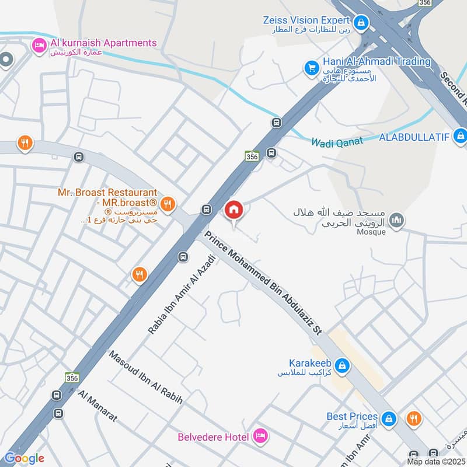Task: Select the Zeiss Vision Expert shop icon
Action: [362, 22]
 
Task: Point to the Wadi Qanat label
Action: [337, 141]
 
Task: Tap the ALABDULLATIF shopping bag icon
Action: [461, 137]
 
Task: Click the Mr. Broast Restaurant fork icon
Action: [168, 203]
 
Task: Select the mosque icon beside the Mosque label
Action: [398, 220]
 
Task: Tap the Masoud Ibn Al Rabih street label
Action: [146, 378]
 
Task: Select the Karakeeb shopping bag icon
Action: [344, 367]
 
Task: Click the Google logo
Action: [25, 459]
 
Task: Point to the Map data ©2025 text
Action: [435, 462]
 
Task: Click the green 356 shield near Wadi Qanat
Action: [252, 156]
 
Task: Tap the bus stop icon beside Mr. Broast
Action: [205, 210]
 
